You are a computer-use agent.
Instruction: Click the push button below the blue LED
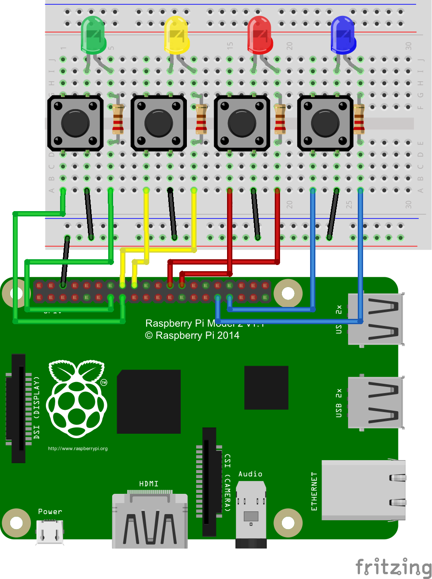pyautogui.click(x=326, y=123)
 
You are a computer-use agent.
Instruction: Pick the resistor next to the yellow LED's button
pyautogui.click(x=201, y=119)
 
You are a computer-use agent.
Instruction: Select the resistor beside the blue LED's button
pyautogui.click(x=359, y=119)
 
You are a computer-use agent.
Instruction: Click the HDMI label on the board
pyautogui.click(x=149, y=484)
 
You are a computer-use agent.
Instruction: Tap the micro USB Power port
pyautogui.click(x=49, y=531)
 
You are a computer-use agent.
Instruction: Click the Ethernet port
pyautogui.click(x=363, y=490)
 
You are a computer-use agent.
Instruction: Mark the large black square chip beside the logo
pyautogui.click(x=149, y=401)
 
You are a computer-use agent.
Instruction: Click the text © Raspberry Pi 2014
pyautogui.click(x=192, y=336)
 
